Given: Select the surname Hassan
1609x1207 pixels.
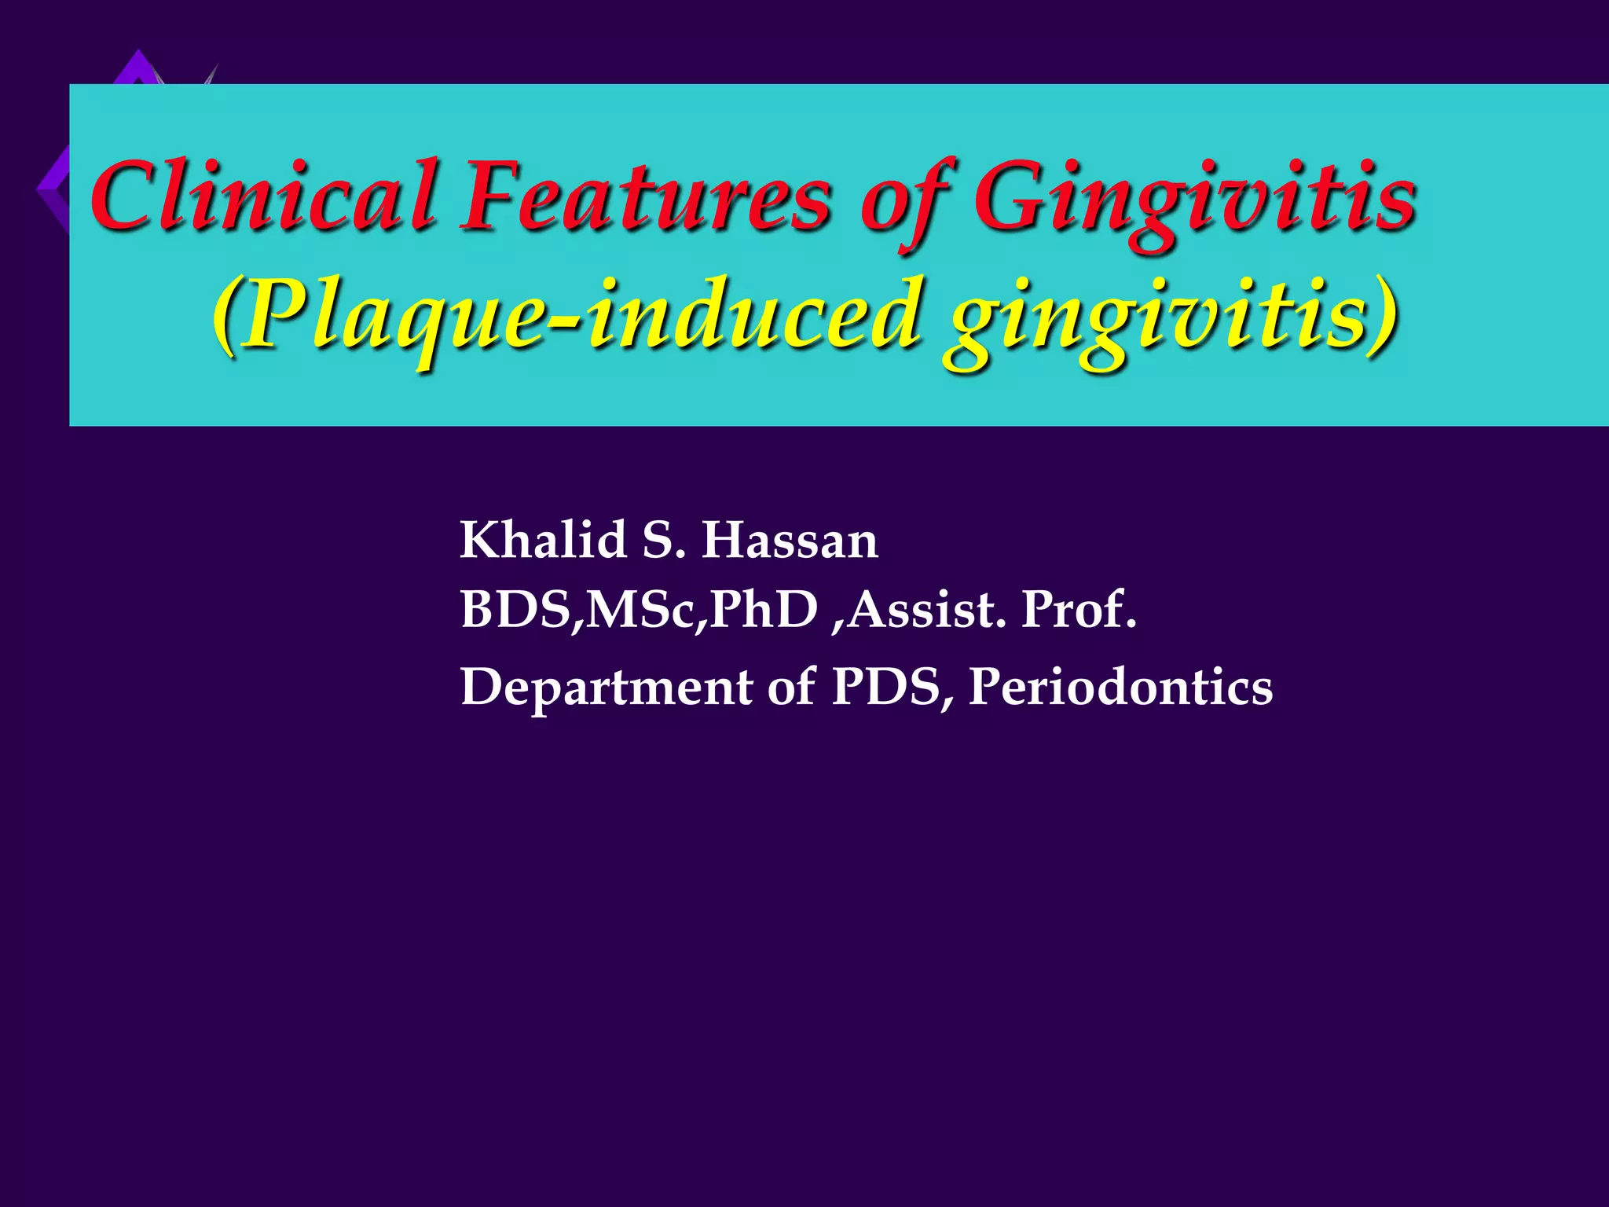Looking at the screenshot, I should [x=790, y=541].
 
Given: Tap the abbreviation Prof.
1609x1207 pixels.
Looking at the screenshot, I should [x=1079, y=610].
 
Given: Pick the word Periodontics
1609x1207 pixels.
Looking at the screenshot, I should [x=1120, y=687].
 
